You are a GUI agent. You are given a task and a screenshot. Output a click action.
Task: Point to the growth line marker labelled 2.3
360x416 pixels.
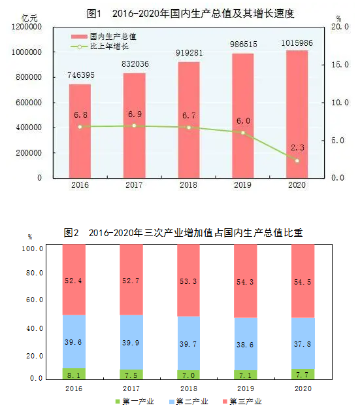pyautogui.click(x=297, y=160)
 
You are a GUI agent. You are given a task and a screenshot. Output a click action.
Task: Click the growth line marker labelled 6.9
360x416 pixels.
pyautogui.click(x=135, y=125)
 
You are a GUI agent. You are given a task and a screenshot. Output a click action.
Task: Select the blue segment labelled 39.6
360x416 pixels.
pyautogui.click(x=74, y=341)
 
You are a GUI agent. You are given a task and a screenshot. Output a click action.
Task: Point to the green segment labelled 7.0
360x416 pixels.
pyautogui.click(x=189, y=374)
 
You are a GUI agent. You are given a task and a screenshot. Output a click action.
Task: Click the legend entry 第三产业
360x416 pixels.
pyautogui.click(x=244, y=401)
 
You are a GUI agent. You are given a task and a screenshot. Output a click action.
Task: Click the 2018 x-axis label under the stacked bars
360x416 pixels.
pyautogui.click(x=188, y=389)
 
